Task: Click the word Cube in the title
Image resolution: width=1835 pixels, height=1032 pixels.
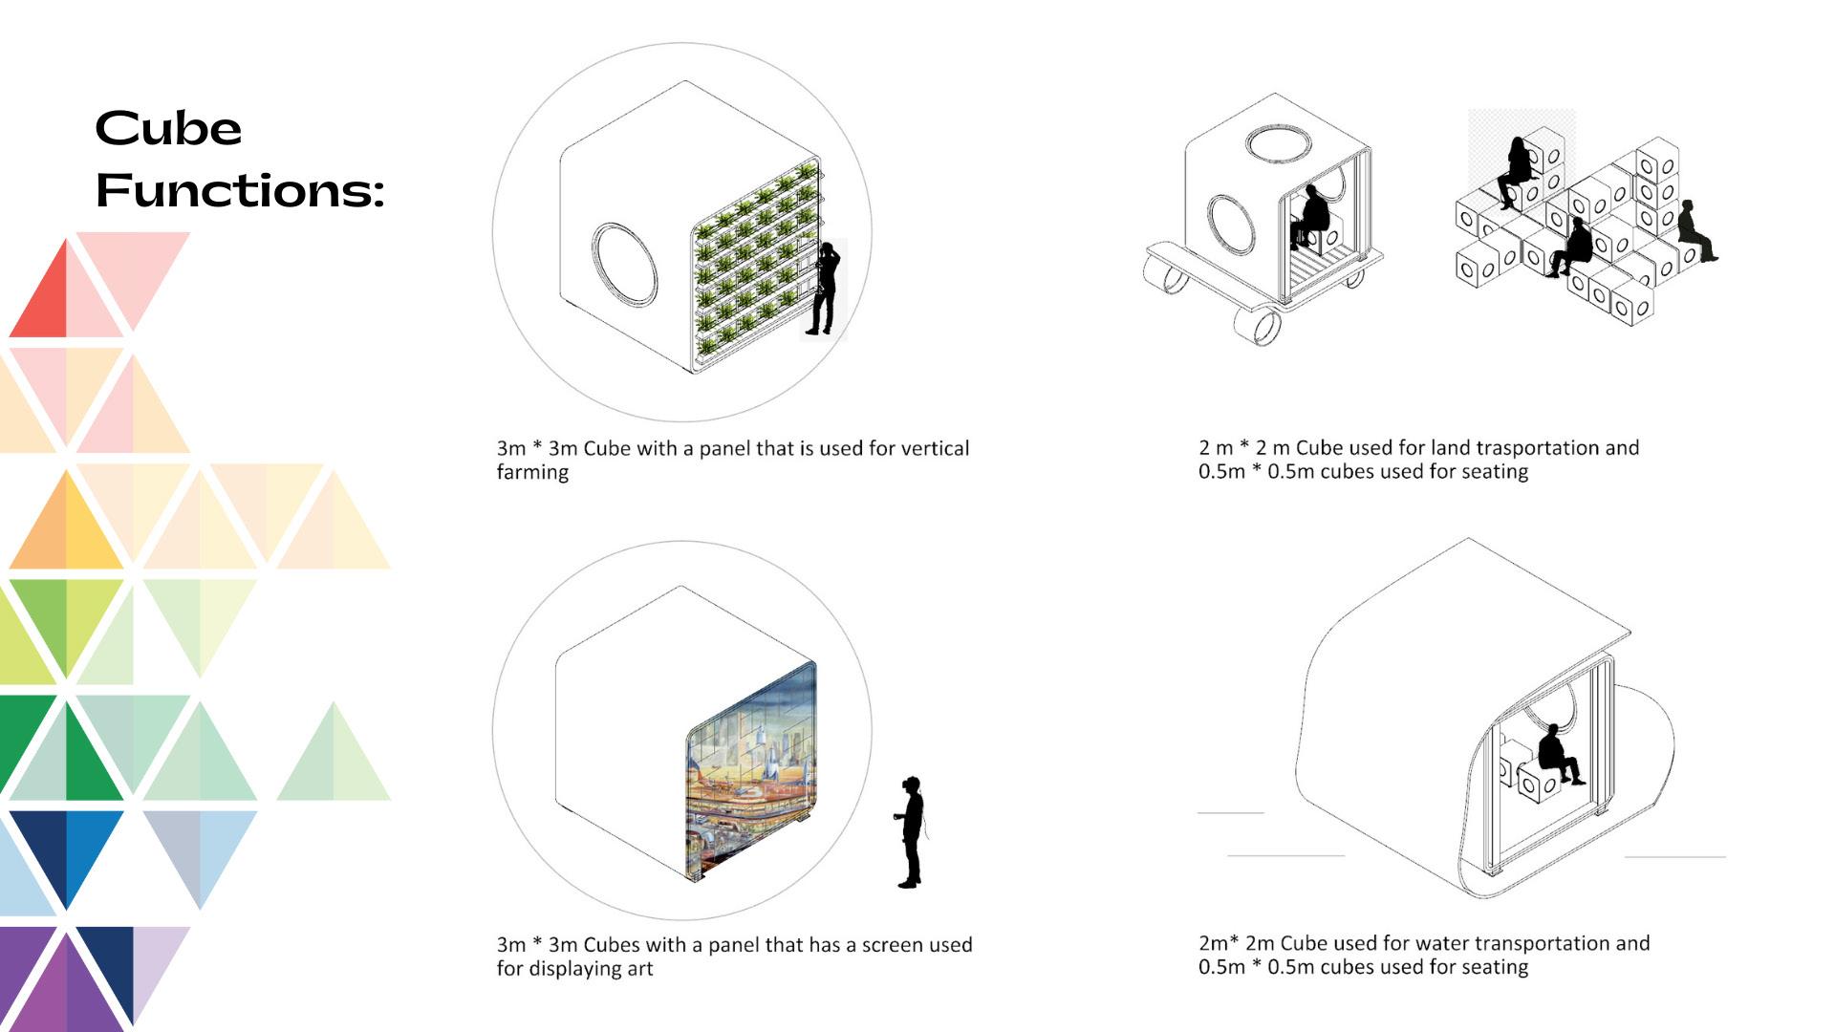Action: tap(168, 129)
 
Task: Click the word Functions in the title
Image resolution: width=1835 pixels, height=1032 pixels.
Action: tap(239, 190)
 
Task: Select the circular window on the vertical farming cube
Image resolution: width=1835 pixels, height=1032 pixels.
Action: tap(625, 265)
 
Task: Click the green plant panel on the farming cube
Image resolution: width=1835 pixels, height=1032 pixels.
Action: tap(755, 263)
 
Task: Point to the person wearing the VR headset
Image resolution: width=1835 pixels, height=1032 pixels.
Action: tap(911, 831)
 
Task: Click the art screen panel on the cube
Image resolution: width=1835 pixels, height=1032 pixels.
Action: tap(752, 769)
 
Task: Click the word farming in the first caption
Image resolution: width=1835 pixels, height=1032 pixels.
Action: tap(532, 473)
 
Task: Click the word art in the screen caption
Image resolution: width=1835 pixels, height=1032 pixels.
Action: tap(640, 969)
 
